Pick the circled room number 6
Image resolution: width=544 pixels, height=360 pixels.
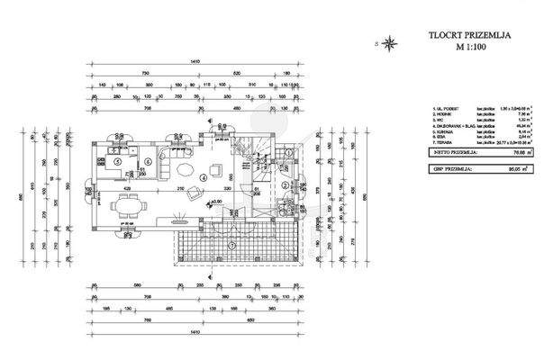(146, 162)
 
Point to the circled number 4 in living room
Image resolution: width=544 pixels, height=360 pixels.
(204, 177)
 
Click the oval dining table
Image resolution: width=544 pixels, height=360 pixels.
(127, 205)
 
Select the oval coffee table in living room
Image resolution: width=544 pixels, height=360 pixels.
(184, 167)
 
